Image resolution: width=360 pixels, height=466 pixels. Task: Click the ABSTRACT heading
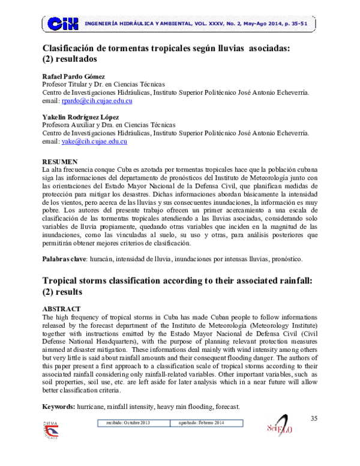(x=61, y=310)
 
